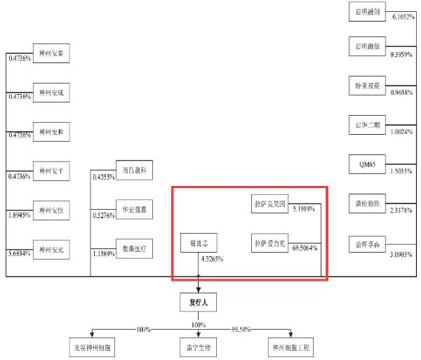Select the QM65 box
(368, 166)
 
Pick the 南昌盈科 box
(133, 171)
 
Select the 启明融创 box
(368, 11)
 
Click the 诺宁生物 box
(199, 347)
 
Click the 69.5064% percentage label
(304, 248)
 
